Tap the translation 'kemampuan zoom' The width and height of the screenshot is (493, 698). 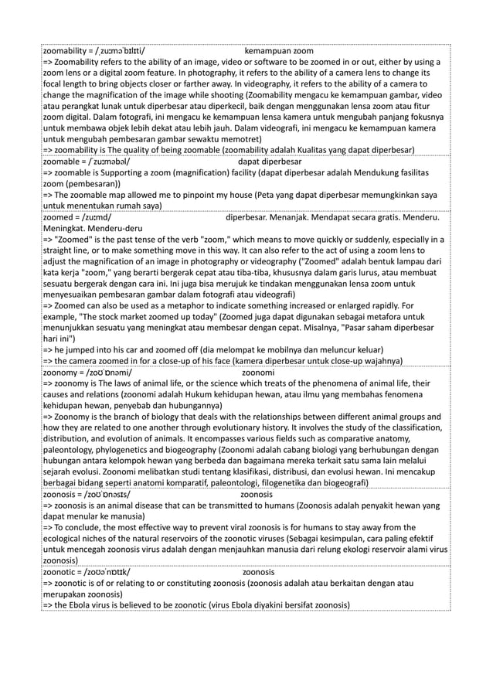click(278, 51)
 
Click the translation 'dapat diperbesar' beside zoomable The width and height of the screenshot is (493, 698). click(270, 162)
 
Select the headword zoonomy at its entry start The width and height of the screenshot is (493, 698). click(63, 372)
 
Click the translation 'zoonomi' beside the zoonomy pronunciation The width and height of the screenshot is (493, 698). click(259, 372)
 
